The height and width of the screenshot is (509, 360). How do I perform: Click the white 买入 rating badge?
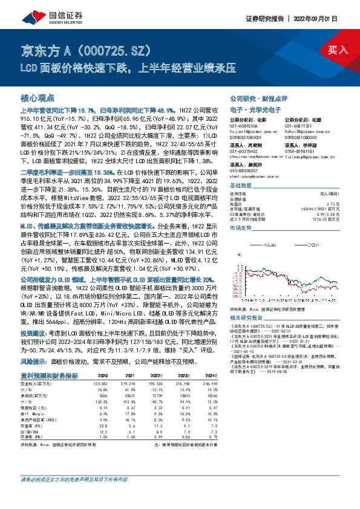coord(333,50)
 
